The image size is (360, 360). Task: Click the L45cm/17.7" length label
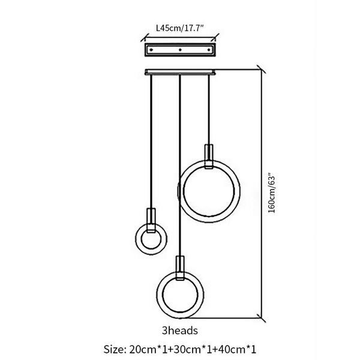point(180,28)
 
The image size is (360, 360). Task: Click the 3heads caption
point(180,331)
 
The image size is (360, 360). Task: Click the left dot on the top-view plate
point(151,50)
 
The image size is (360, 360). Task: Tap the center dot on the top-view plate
point(180,50)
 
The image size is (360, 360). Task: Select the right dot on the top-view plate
point(209,50)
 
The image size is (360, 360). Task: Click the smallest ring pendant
point(136,239)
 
